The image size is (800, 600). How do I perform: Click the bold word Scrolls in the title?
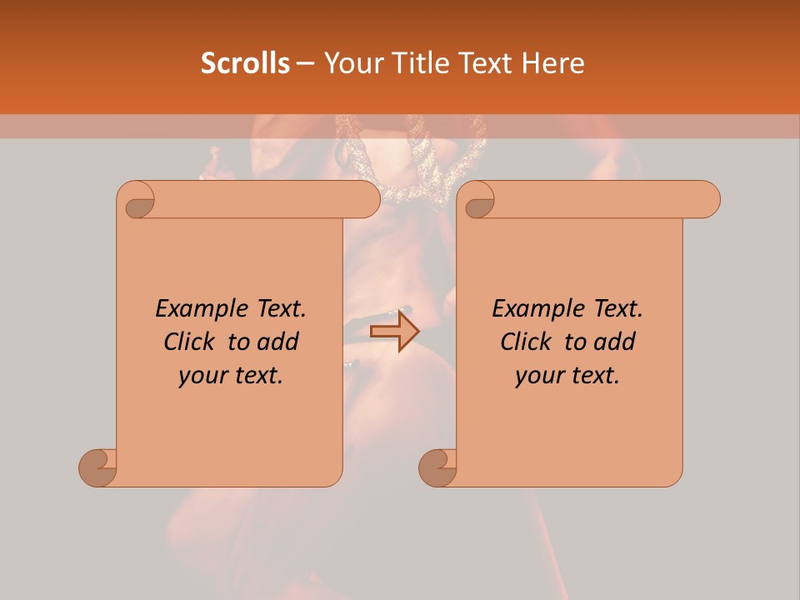(245, 62)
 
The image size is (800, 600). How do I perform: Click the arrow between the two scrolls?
(394, 331)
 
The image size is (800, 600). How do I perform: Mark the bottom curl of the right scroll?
(438, 467)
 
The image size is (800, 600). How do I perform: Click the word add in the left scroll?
(277, 342)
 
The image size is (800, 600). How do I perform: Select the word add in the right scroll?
(614, 342)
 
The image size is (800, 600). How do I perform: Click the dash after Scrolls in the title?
(305, 62)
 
